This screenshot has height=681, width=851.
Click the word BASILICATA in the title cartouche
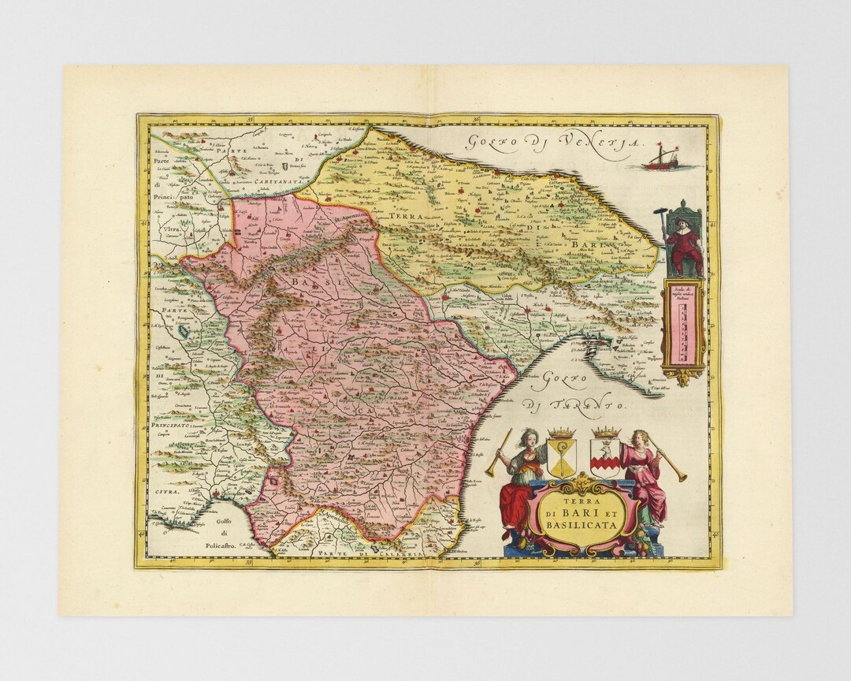[x=584, y=523]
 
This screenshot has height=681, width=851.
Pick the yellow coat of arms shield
[x=561, y=459]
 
